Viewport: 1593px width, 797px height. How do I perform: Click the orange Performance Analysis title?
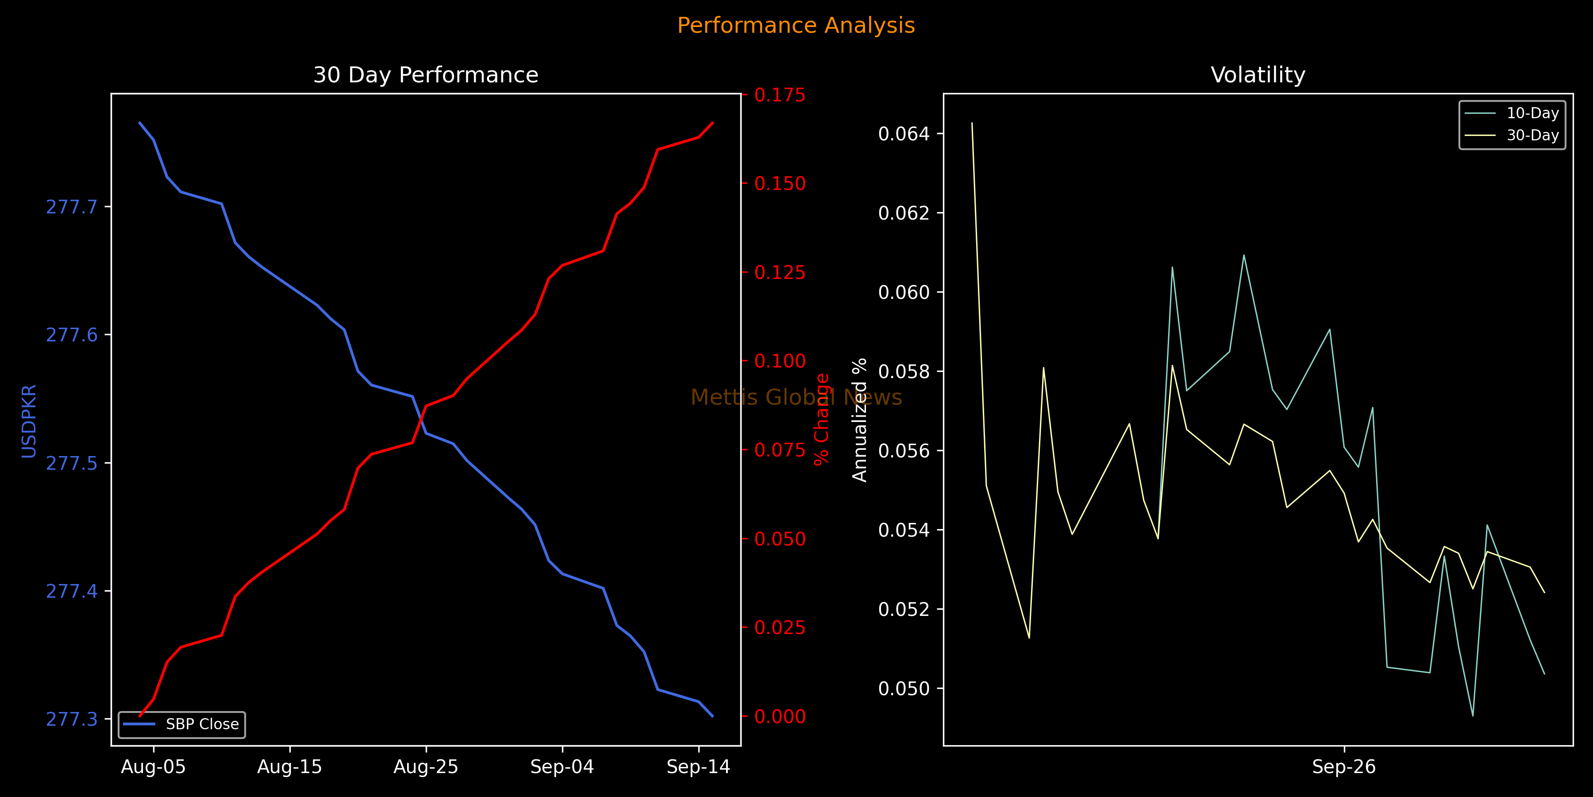[796, 25]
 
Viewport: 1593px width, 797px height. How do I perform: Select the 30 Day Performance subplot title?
[425, 75]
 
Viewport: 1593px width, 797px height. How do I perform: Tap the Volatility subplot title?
[1258, 75]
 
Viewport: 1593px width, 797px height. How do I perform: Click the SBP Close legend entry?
[182, 724]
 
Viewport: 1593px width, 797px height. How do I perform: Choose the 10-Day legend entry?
[1512, 113]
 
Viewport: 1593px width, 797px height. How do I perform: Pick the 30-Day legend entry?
[1512, 135]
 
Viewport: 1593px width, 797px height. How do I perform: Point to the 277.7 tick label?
[72, 207]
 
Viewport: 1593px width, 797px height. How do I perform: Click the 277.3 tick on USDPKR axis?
[72, 719]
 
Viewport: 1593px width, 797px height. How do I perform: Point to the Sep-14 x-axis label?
[698, 767]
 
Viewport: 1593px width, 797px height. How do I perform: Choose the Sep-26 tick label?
[1344, 767]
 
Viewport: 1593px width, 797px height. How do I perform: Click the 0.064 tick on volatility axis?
[904, 134]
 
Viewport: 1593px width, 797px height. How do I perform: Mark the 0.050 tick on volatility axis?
[904, 689]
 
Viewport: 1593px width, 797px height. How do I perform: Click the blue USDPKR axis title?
[29, 421]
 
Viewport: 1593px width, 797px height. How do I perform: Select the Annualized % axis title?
[860, 420]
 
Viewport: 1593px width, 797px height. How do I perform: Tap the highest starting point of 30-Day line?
[972, 123]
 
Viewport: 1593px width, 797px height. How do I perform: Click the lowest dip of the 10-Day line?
[1472, 716]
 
